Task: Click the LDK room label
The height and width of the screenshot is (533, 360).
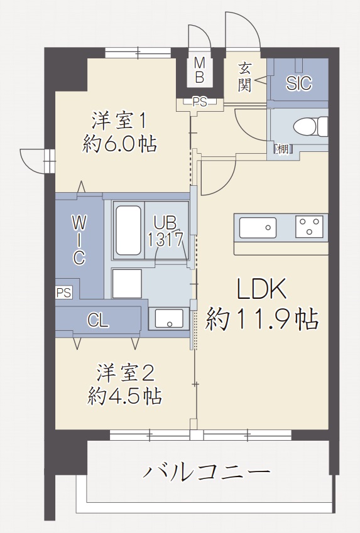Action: click(261, 289)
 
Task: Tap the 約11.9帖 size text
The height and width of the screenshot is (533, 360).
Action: click(261, 319)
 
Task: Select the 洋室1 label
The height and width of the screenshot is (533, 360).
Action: click(119, 121)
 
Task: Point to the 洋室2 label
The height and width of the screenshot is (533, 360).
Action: click(126, 372)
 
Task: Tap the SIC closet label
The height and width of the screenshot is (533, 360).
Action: click(299, 83)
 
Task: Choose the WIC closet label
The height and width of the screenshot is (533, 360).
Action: click(79, 240)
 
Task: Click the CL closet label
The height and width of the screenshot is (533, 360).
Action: click(98, 321)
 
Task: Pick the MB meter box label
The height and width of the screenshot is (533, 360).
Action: click(200, 70)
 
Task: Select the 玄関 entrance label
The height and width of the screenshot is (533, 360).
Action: click(244, 77)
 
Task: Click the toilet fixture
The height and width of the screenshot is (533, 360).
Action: click(310, 126)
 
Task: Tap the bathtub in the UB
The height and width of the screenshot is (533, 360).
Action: click(128, 230)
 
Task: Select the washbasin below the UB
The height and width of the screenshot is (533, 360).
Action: click(169, 318)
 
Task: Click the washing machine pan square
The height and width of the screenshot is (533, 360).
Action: click(127, 284)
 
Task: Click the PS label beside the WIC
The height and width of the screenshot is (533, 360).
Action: click(64, 293)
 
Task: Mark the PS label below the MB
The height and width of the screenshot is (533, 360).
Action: click(200, 102)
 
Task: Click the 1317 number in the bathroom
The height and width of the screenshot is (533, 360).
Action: click(166, 240)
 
